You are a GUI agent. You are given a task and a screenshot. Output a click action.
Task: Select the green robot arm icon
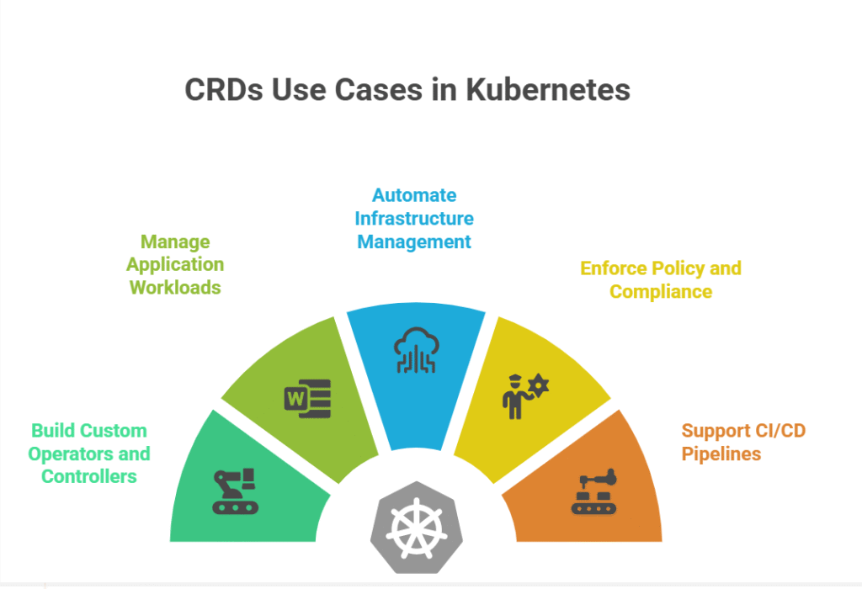tap(236, 491)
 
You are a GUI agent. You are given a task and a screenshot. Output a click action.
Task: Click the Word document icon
tap(308, 398)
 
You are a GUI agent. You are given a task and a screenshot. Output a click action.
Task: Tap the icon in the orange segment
tap(594, 491)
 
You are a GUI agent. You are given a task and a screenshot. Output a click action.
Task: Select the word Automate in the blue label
tap(414, 196)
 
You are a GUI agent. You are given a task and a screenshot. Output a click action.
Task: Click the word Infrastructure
tap(414, 219)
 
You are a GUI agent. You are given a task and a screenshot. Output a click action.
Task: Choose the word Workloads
tap(175, 288)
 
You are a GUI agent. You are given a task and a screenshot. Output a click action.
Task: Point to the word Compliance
tap(661, 292)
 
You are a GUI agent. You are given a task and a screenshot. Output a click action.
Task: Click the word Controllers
tap(88, 477)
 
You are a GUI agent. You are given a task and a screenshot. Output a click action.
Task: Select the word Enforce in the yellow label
tap(612, 268)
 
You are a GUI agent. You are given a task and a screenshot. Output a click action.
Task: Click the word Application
tap(175, 265)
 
